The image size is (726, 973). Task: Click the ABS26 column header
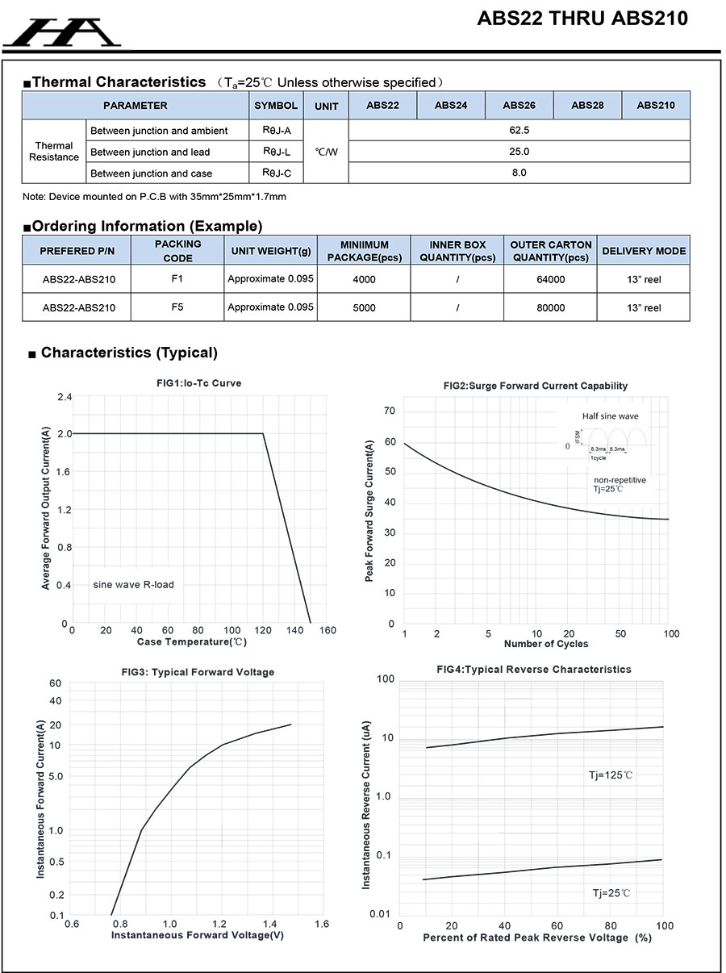coord(519,106)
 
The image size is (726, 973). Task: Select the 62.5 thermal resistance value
coord(519,130)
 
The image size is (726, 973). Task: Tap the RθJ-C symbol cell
coord(276,173)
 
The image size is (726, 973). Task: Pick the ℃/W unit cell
coord(326,152)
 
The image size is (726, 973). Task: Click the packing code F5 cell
coord(177,307)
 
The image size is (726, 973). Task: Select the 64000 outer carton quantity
coord(551,279)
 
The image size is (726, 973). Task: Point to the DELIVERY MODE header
coord(644,251)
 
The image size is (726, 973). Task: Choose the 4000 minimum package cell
coord(364,279)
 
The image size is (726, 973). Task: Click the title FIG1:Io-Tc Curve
coord(199,383)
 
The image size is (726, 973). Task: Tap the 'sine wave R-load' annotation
coord(133,584)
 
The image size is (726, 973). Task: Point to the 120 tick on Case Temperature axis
coord(264,630)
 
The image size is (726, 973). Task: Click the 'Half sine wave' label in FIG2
coord(610,416)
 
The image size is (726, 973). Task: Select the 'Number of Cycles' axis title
coord(545,644)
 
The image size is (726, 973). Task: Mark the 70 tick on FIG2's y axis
coord(390,411)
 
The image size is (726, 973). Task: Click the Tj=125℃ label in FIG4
coord(610,775)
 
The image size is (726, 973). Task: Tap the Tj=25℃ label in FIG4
coord(611,893)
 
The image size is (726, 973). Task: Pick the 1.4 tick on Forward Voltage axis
coord(271,924)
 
